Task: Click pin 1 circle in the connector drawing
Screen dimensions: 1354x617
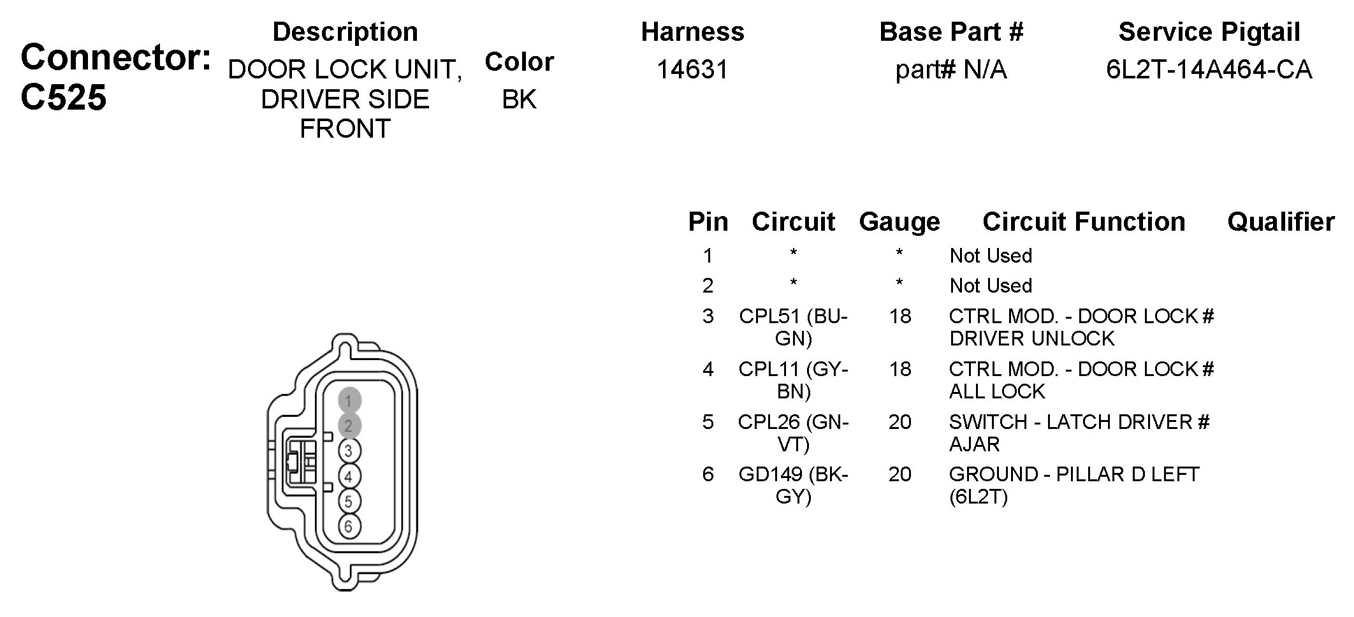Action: pyautogui.click(x=349, y=401)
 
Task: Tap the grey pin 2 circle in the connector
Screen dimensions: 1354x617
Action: pyautogui.click(x=349, y=426)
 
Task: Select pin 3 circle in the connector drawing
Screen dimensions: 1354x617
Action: pyautogui.click(x=349, y=451)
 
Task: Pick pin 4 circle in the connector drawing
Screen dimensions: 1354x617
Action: pyautogui.click(x=349, y=476)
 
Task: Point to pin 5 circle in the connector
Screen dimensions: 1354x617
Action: pyautogui.click(x=349, y=502)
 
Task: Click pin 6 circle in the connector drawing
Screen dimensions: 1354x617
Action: pyautogui.click(x=349, y=526)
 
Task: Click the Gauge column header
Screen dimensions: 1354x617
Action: pyautogui.click(x=899, y=222)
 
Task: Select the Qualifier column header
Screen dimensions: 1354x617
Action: pyautogui.click(x=1281, y=222)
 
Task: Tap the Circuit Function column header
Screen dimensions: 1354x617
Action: pyautogui.click(x=1084, y=222)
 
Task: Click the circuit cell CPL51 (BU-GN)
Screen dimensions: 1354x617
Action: pyautogui.click(x=794, y=327)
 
